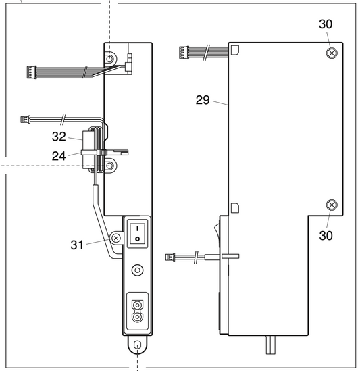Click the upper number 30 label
325,24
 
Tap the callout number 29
203,100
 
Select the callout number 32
59,137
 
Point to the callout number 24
59,156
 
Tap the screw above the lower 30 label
330,205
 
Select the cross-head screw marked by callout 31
116,239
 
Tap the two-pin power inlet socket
137,312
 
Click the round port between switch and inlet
137,270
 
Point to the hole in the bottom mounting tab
137,345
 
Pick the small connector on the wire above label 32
26,121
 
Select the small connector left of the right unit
171,257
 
